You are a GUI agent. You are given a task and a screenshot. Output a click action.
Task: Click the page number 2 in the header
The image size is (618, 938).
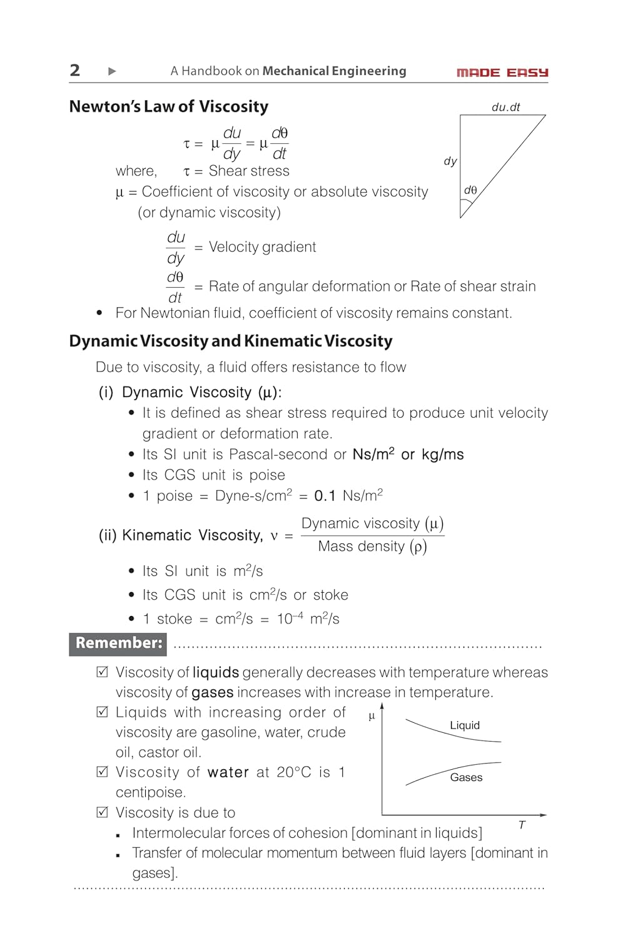point(75,70)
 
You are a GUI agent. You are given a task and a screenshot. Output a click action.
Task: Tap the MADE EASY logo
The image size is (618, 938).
point(502,73)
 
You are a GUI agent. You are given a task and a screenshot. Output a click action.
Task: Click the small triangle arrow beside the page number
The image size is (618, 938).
point(112,71)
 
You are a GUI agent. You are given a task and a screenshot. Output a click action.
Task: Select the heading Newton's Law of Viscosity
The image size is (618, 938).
point(169,106)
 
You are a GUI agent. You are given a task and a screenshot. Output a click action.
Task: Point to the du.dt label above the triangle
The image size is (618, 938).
point(505,107)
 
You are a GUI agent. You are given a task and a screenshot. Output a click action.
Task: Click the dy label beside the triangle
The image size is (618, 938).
point(450,161)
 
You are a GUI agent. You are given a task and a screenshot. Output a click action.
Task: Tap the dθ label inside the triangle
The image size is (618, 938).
point(470,190)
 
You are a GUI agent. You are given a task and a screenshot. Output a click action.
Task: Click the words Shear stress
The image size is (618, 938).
point(249,171)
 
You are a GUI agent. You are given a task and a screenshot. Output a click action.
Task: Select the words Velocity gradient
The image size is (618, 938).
point(262,247)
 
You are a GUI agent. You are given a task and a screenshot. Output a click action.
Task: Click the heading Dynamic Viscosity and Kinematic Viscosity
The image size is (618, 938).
point(231,341)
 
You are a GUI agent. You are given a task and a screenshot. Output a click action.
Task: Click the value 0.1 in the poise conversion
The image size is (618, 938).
point(325,496)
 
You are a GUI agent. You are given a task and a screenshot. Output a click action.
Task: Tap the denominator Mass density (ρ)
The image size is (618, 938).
point(372,547)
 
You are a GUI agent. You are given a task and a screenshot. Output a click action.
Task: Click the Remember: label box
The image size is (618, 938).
point(118,643)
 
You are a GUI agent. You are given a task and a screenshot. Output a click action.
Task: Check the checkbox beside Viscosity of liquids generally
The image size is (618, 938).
point(103,672)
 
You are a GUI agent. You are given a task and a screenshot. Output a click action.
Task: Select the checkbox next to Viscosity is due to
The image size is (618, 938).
point(103,812)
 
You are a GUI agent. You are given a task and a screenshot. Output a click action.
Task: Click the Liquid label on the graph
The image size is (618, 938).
point(465,725)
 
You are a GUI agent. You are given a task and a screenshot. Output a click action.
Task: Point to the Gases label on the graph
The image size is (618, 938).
point(466,777)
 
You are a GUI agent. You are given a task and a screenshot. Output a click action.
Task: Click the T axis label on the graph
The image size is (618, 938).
point(522,825)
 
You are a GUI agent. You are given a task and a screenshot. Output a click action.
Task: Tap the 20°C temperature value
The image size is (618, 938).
point(293,772)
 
